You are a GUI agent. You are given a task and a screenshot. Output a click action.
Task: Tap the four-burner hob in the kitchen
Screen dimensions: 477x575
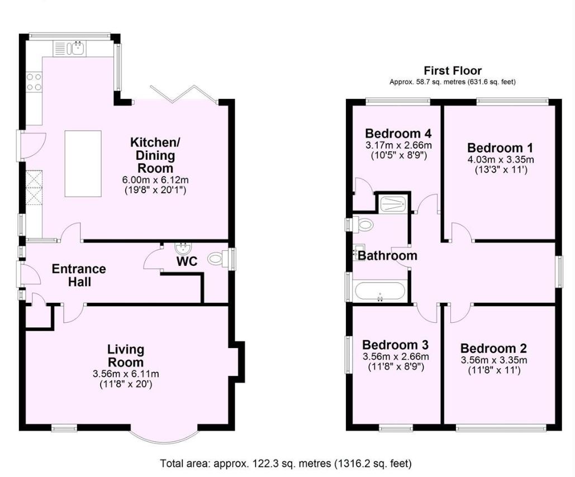pyautogui.click(x=34, y=82)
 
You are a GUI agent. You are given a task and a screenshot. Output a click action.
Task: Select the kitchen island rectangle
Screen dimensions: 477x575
pyautogui.click(x=83, y=163)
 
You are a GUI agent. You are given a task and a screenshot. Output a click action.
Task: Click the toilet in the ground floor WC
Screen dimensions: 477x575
pyautogui.click(x=218, y=259)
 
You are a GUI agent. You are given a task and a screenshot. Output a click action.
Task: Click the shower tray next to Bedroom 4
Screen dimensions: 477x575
pyautogui.click(x=394, y=204)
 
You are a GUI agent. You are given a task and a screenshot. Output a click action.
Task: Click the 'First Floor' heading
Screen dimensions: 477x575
pyautogui.click(x=452, y=71)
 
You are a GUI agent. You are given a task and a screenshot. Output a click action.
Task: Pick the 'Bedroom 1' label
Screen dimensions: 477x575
pyautogui.click(x=500, y=148)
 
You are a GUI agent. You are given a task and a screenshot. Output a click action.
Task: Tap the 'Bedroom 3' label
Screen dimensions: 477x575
pyautogui.click(x=395, y=344)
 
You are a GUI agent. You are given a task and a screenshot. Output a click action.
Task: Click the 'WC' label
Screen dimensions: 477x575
pyautogui.click(x=187, y=261)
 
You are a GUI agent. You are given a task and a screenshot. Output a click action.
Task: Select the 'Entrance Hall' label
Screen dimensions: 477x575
pyautogui.click(x=79, y=275)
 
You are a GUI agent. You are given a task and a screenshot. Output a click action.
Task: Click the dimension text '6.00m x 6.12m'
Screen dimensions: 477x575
pyautogui.click(x=151, y=180)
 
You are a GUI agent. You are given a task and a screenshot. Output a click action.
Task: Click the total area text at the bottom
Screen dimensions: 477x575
pyautogui.click(x=286, y=463)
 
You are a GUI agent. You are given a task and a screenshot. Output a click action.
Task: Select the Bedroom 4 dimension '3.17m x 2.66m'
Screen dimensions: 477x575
pyautogui.click(x=398, y=145)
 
